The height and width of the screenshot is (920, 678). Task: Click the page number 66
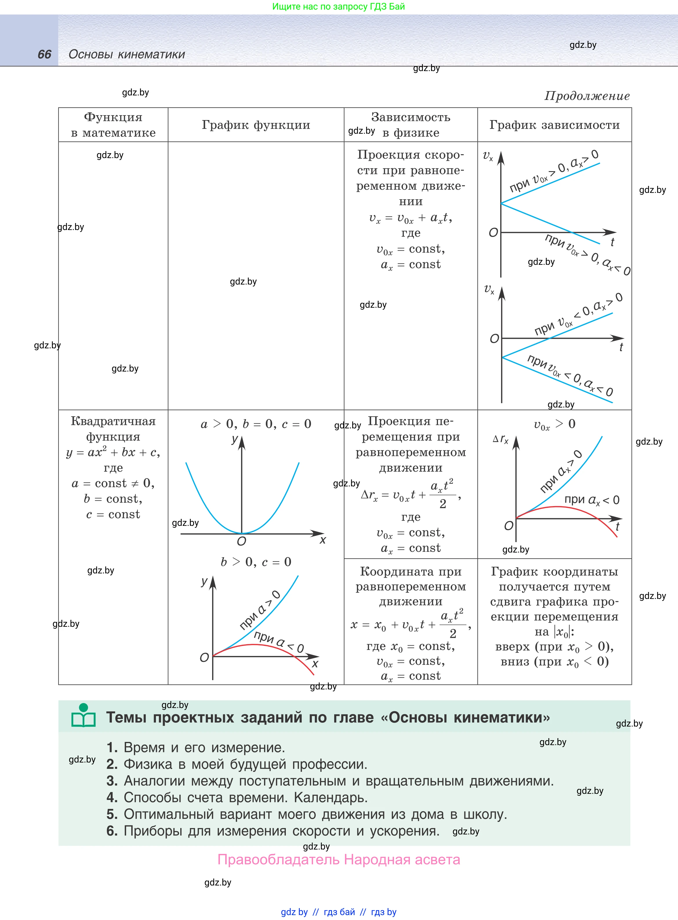44,54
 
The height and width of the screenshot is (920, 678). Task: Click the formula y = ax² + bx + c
113,452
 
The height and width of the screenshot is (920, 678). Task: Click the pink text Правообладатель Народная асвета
339,859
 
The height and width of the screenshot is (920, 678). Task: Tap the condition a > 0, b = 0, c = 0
256,424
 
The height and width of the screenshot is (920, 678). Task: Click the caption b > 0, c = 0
256,562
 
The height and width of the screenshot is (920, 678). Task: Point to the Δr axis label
500,439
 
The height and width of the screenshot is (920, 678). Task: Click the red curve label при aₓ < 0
591,500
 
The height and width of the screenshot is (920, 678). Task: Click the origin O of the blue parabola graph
241,542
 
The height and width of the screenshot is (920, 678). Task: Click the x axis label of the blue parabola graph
323,540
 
